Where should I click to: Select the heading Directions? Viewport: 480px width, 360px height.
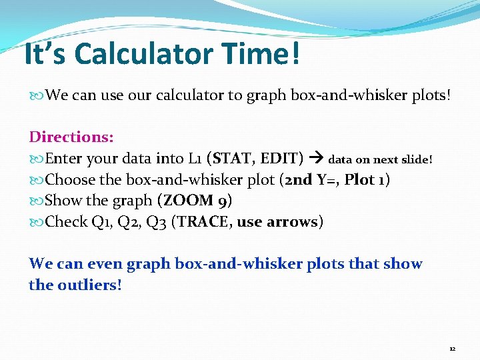click(x=71, y=137)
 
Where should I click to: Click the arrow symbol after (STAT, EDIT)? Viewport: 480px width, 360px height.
click(x=317, y=159)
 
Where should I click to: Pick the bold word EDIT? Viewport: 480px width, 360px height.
click(x=280, y=159)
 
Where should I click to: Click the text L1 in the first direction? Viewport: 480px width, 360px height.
click(x=194, y=159)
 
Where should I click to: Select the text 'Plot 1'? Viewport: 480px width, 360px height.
click(x=365, y=180)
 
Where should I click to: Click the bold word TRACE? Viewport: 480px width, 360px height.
click(x=203, y=221)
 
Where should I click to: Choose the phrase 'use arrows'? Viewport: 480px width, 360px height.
click(x=278, y=221)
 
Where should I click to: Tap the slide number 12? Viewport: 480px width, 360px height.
click(x=452, y=349)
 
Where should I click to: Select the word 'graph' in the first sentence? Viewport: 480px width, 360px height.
click(x=266, y=95)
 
